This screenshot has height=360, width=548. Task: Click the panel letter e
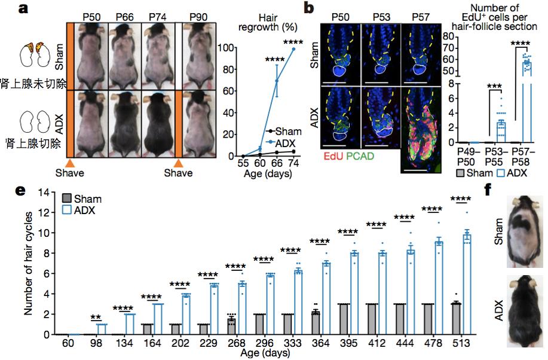[20, 191]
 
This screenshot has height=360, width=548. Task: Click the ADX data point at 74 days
[293, 49]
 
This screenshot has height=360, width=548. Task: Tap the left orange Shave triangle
[69, 163]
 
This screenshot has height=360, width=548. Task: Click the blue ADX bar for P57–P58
[527, 102]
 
